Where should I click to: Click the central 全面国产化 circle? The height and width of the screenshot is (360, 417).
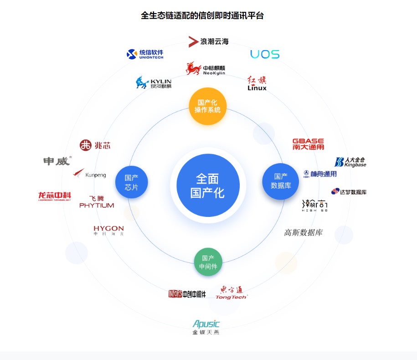207,185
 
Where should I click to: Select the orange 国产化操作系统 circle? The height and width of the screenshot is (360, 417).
207,106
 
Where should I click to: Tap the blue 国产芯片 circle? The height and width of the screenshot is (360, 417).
132,182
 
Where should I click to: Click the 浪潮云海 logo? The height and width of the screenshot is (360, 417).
209,41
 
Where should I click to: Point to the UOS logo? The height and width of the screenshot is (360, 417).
265,54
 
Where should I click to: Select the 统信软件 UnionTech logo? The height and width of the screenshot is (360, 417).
145,54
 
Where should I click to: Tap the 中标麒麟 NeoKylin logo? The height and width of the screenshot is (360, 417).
206,69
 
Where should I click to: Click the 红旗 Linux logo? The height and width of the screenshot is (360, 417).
257,83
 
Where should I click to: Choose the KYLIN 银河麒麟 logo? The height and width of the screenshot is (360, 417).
154,83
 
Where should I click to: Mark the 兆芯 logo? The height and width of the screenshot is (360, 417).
95,145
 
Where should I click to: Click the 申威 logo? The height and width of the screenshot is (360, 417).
57,161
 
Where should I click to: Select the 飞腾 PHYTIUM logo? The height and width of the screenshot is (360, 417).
97,202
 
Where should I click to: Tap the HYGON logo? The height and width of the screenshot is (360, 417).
108,230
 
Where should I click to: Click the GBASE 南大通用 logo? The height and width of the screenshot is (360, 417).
308,144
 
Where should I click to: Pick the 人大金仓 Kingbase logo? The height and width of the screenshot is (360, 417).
350,162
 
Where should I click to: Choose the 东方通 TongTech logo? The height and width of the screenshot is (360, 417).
231,293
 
